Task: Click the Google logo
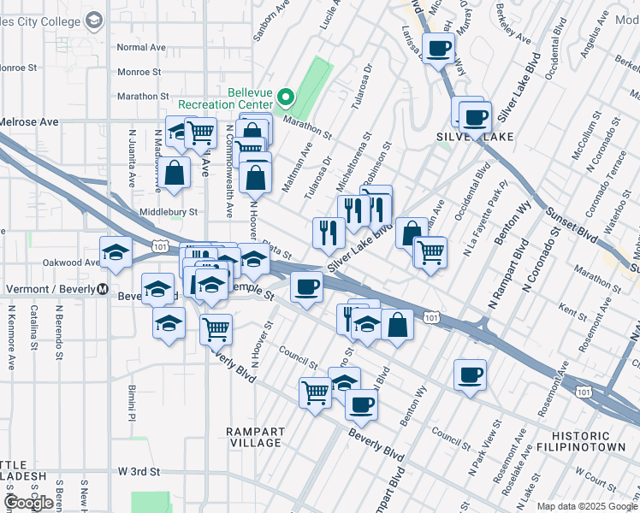coord(29,502)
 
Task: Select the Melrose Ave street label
coord(29,122)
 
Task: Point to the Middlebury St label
coord(169,212)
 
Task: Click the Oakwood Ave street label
coord(74,262)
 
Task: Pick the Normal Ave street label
coord(141,48)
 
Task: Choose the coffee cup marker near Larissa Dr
coord(439,49)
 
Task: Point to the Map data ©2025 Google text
coord(586,506)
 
